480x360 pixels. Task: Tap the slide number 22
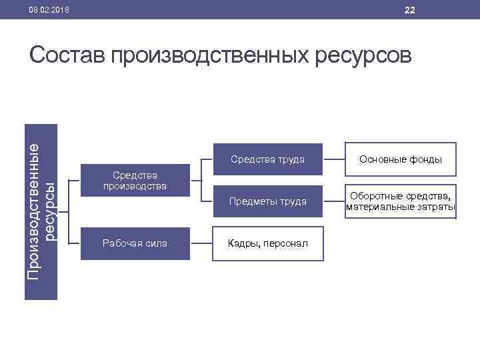coord(409,10)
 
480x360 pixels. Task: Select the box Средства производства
coord(135,181)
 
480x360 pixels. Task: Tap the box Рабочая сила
coord(135,244)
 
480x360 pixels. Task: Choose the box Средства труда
coord(267,159)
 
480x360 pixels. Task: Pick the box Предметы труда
coord(267,201)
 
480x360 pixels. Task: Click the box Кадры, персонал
coord(267,244)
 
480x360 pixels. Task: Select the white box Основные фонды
coord(400,159)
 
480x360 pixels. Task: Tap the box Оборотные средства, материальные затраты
coord(400,201)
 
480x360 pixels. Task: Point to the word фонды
coord(427,159)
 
